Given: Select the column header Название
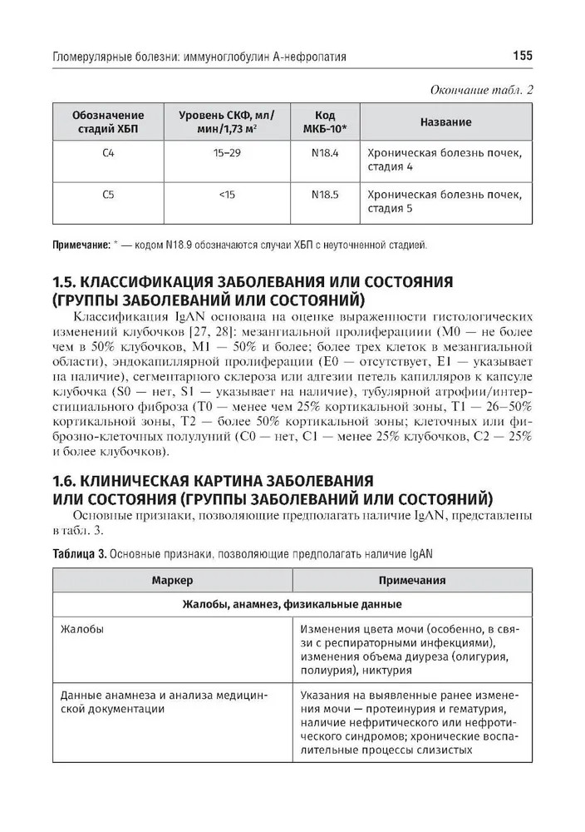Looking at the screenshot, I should coord(445,122).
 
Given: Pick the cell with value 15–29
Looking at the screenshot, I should coord(227,154).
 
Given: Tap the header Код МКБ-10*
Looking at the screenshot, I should coord(325,122).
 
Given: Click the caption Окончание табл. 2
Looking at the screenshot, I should coord(479,89).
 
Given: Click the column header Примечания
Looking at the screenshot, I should coord(412,581).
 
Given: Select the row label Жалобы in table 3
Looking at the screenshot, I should coord(83,629).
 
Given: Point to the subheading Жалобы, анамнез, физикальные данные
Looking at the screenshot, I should coord(292,604).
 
